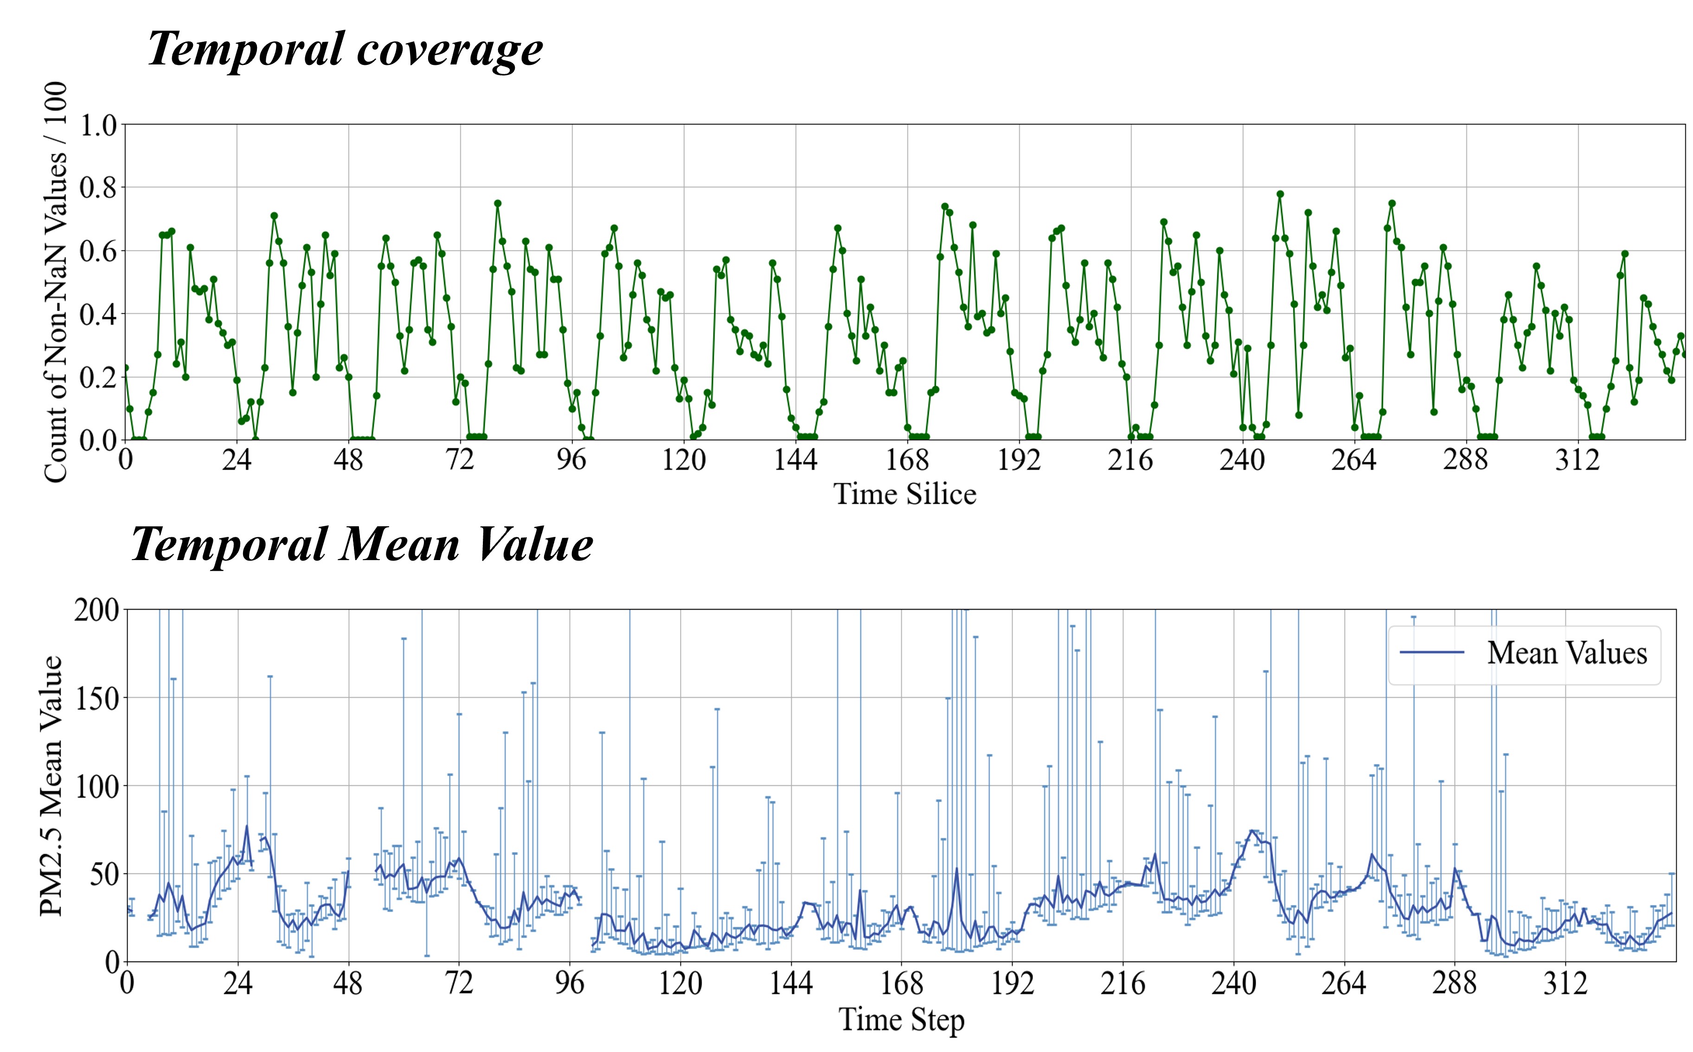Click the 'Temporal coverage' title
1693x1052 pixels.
click(345, 50)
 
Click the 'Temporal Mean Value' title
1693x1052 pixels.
click(362, 544)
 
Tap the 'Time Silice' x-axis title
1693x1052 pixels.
click(904, 494)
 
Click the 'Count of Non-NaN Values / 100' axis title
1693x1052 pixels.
click(56, 282)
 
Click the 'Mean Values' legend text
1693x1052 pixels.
click(1567, 653)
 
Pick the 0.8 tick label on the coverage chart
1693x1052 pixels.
click(98, 188)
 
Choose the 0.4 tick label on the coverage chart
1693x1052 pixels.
click(98, 314)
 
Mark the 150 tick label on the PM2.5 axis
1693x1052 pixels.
click(97, 699)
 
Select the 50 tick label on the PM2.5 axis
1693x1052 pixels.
click(104, 874)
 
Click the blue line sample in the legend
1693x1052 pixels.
click(1431, 653)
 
